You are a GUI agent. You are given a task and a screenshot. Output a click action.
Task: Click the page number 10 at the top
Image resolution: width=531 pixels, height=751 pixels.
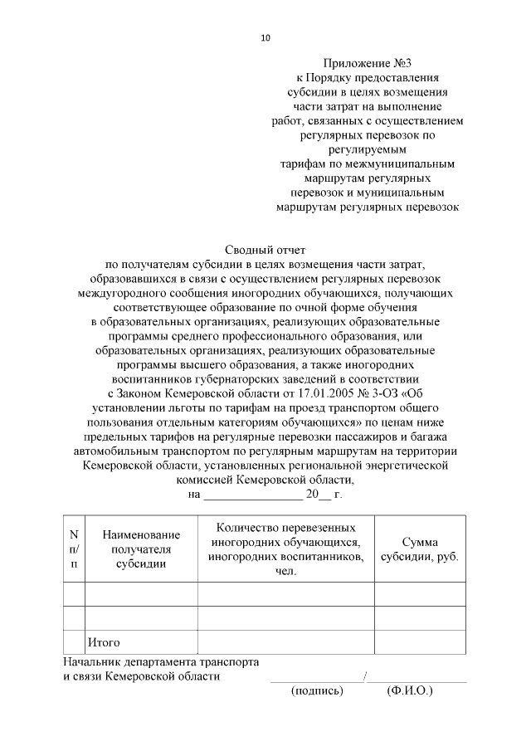265,38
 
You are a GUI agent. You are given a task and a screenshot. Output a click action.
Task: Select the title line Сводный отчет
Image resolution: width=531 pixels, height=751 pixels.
266,249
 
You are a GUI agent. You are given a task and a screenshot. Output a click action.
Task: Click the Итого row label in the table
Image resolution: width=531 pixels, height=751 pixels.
105,642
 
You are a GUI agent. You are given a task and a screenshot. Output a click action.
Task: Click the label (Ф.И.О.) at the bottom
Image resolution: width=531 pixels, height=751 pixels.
410,690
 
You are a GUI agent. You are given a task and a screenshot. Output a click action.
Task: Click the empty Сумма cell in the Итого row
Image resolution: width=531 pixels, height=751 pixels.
419,642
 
